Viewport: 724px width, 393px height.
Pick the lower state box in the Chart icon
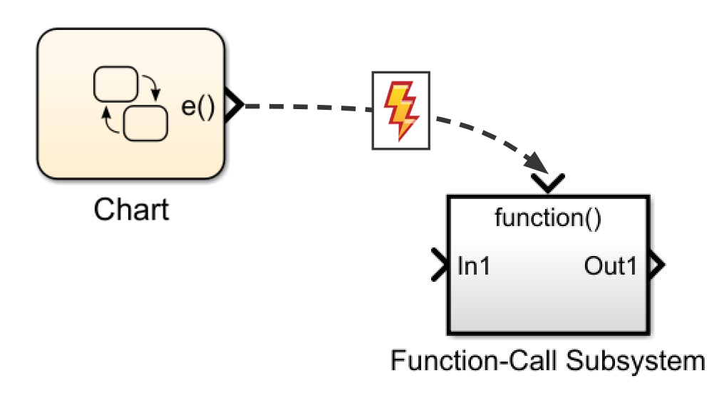[145, 123]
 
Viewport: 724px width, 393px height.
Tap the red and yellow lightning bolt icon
[401, 111]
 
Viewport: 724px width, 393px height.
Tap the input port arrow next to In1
[440, 266]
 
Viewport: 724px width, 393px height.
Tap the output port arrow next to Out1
[658, 266]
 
